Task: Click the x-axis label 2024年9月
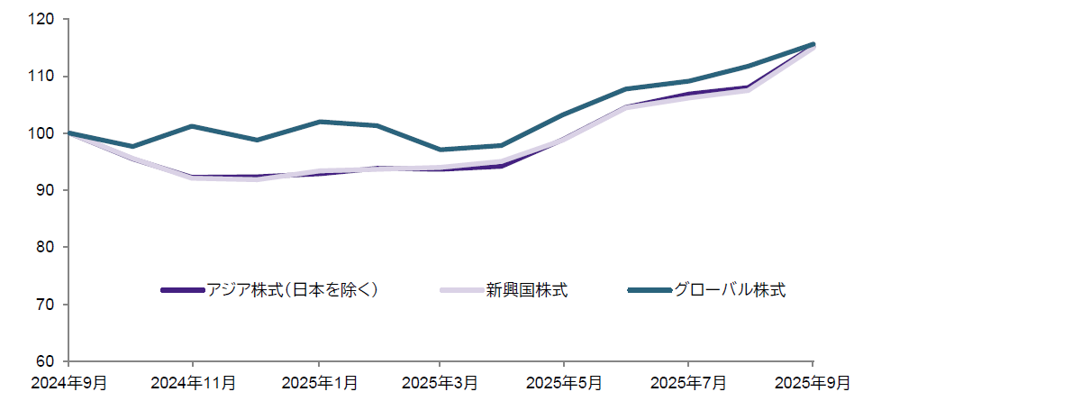[68, 383]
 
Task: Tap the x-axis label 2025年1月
[318, 383]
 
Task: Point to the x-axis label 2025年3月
[441, 383]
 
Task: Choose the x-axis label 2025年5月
[565, 383]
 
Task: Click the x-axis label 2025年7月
[689, 383]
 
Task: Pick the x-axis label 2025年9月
[813, 383]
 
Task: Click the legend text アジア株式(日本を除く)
[292, 290]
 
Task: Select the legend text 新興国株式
[527, 290]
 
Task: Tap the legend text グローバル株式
[730, 290]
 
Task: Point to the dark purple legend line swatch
[183, 290]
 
